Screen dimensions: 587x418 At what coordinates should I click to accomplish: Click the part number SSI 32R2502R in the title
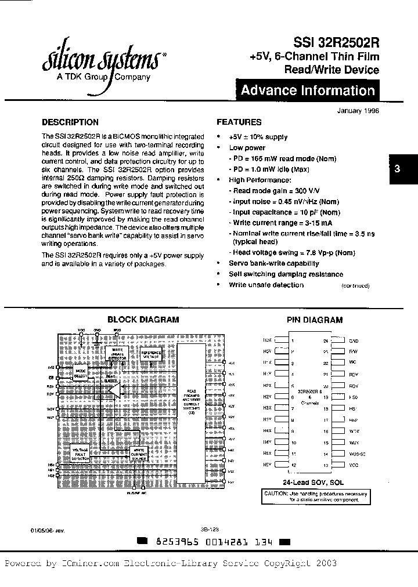coord(338,42)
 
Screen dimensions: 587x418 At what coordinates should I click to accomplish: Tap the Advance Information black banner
coord(307,90)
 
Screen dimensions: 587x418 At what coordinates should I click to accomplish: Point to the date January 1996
coord(358,111)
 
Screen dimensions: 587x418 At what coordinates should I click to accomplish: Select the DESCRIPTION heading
coord(70,122)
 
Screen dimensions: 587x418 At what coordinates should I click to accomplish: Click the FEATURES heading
coord(239,122)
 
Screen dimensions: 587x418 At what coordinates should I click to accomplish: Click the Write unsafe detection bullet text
coord(266,285)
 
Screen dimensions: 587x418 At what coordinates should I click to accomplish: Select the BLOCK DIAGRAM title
coord(143,320)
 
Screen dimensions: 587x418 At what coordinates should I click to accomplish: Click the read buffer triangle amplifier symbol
coord(117,389)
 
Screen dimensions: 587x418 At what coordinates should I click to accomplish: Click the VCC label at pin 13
coord(354,465)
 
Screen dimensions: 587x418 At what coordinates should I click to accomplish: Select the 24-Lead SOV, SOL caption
coord(313,483)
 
